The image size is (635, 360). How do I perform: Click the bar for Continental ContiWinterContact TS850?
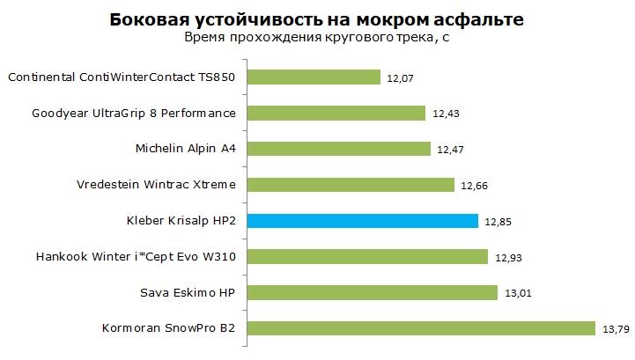tap(314, 77)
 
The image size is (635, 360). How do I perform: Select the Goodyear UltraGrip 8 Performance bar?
tap(336, 113)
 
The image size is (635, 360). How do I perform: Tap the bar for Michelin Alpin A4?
tap(339, 149)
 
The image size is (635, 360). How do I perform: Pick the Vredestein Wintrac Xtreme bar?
tap(351, 185)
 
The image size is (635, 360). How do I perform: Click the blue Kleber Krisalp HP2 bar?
tap(363, 221)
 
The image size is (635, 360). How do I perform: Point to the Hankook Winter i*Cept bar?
tap(368, 256)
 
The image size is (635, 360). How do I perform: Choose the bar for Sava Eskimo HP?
tap(373, 292)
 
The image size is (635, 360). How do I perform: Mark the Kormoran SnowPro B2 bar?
tap(421, 328)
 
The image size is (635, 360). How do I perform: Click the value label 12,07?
tap(400, 78)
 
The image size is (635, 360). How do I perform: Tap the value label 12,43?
tap(446, 114)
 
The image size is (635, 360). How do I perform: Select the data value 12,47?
tap(450, 150)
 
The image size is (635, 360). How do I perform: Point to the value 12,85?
tap(498, 222)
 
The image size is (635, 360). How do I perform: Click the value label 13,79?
tap(616, 329)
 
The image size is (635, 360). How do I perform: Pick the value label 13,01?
tap(518, 293)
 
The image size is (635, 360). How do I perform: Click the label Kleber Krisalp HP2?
tap(181, 221)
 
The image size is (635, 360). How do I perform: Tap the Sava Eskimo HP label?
tap(188, 292)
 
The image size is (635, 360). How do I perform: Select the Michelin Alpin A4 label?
tap(186, 149)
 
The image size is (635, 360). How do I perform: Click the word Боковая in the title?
tap(150, 19)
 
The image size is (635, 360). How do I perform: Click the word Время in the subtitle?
tap(204, 38)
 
